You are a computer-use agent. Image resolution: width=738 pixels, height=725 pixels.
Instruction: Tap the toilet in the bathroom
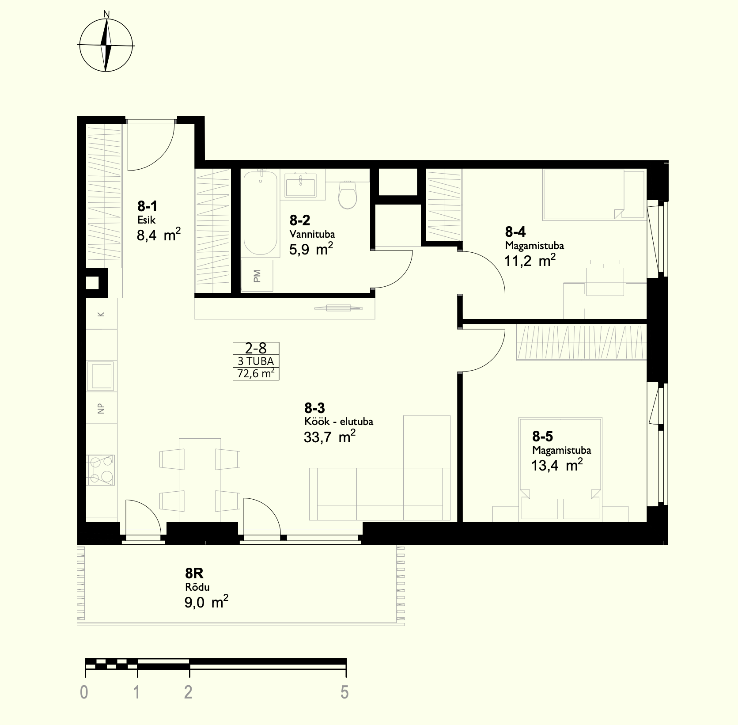coord(348,194)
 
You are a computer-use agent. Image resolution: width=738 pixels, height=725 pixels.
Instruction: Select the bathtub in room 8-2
coord(261,213)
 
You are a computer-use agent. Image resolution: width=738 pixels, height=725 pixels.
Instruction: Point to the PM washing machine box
coord(257,276)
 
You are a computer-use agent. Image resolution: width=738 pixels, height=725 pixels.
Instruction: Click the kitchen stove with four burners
coord(102,470)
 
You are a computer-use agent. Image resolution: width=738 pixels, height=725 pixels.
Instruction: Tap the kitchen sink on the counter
coord(101,376)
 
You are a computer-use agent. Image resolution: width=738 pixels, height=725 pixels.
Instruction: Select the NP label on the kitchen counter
coord(102,409)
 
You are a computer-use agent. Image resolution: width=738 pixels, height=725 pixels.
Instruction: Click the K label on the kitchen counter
coord(101,315)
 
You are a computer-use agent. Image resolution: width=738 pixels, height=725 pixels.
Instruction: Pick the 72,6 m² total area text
coord(256,374)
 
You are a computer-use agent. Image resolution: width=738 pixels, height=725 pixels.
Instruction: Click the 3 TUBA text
coord(256,361)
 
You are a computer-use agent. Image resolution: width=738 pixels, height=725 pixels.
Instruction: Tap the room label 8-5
coord(542,437)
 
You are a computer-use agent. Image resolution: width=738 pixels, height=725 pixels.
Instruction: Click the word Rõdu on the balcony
coord(197,587)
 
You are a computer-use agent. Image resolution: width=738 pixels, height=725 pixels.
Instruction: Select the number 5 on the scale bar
coord(344,692)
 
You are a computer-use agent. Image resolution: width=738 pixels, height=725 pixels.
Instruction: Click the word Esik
coord(146,220)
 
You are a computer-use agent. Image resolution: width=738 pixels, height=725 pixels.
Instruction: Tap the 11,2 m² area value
coord(530,260)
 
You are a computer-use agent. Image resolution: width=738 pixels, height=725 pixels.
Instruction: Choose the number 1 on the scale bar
coord(137,692)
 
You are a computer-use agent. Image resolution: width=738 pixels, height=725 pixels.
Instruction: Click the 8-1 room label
coord(148,206)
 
